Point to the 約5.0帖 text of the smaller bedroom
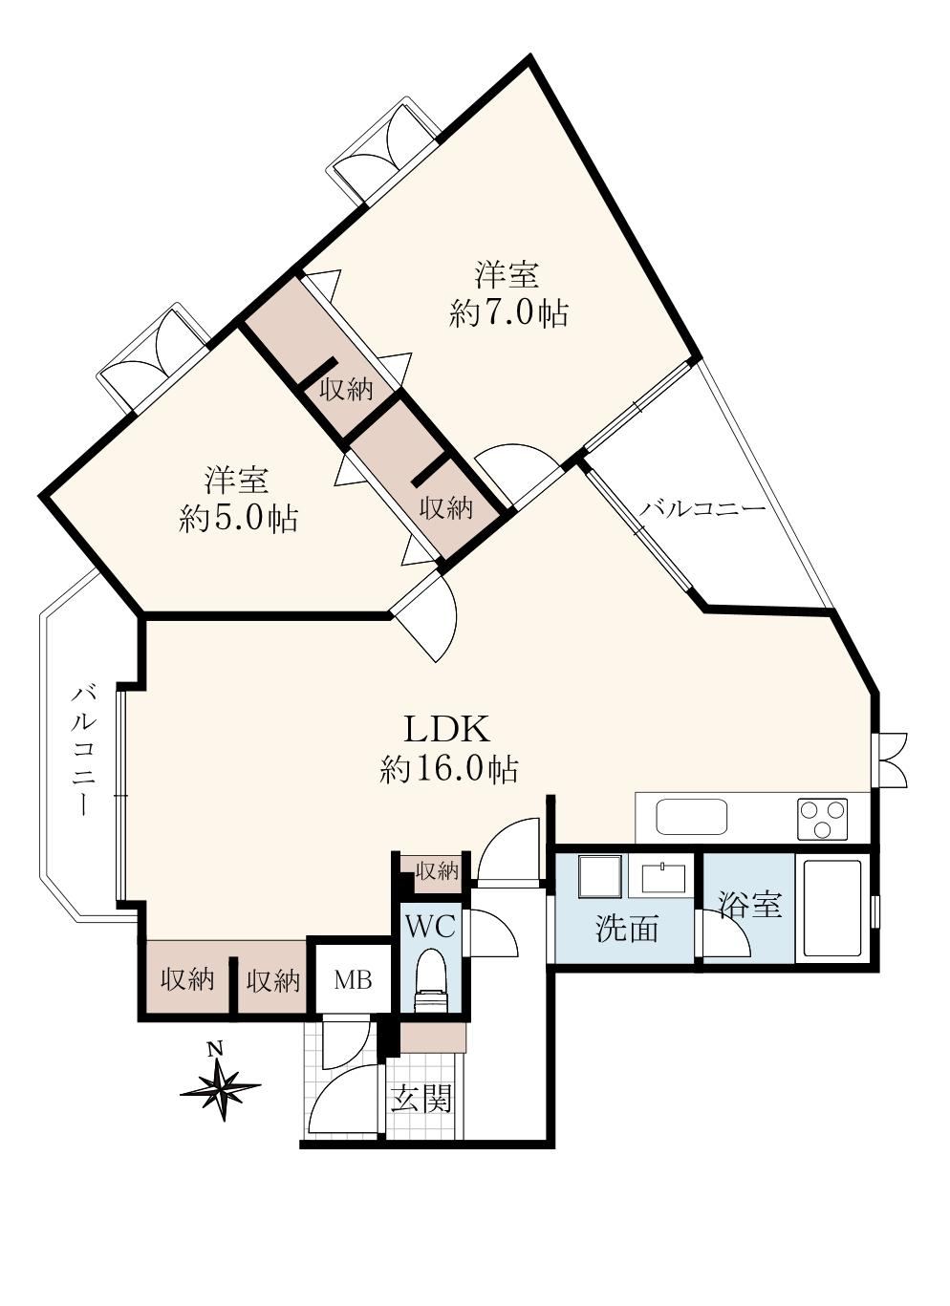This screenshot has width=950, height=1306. pos(239,518)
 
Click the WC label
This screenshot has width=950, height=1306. pos(430,927)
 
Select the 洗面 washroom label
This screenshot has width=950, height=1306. pos(626,929)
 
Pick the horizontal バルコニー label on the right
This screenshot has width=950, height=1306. pos(702,509)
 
